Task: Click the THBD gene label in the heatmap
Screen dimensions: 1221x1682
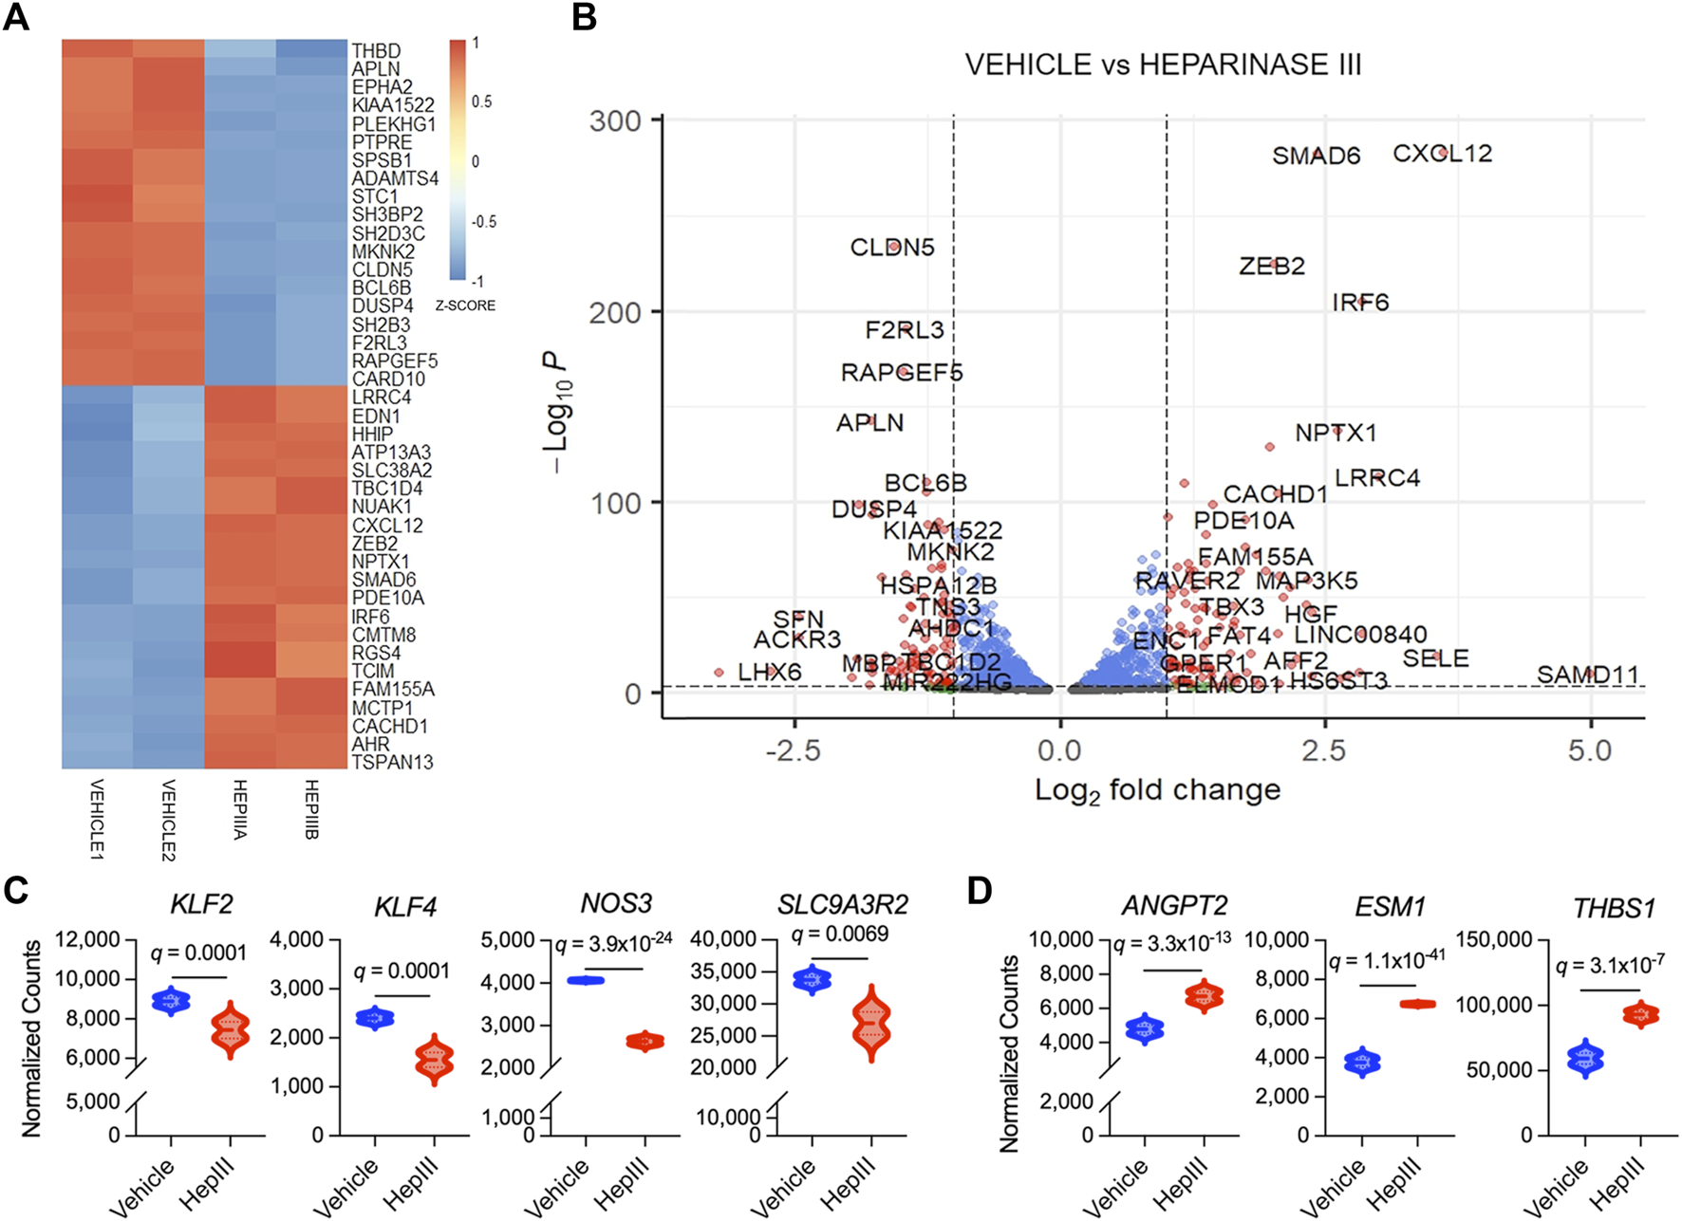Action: tap(376, 50)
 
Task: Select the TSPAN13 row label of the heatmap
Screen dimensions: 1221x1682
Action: tap(392, 762)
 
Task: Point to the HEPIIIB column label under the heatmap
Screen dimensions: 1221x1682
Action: tap(311, 809)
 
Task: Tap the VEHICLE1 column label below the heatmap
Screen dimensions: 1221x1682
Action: tap(97, 819)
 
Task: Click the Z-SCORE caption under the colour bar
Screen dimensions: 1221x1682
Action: tap(465, 305)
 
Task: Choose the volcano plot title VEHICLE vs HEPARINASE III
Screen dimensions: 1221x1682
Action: tap(1163, 65)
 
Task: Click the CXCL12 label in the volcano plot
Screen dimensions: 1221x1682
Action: tap(1443, 154)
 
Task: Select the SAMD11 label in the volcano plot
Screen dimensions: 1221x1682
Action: tap(1587, 675)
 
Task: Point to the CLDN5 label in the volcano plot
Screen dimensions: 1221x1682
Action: tap(891, 248)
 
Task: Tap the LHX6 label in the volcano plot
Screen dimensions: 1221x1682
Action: tap(769, 673)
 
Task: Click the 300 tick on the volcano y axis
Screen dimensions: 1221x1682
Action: tap(615, 121)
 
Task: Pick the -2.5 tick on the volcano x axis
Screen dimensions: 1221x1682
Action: tap(794, 751)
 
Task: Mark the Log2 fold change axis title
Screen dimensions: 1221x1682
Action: tap(1157, 790)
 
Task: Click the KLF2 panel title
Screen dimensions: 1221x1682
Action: tap(201, 903)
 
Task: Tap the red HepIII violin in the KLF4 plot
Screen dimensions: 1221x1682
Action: tap(435, 1058)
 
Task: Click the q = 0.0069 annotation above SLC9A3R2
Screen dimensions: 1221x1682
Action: tap(840, 934)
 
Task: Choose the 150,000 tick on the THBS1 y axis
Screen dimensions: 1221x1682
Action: tap(1494, 940)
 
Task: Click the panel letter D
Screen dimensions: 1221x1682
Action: tap(979, 891)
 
